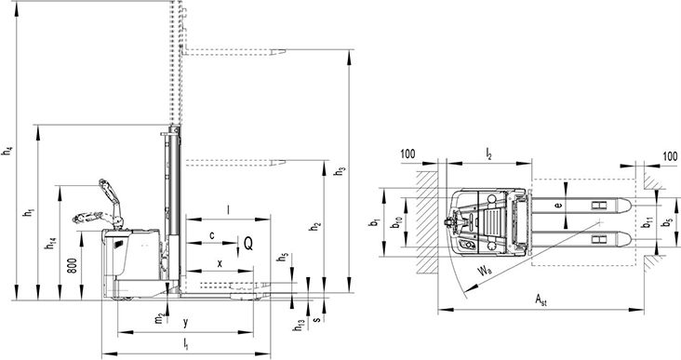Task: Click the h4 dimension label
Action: click(7, 152)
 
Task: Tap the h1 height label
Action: click(29, 213)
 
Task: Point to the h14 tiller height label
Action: click(51, 244)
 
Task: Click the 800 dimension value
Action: click(72, 265)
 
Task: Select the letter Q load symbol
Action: click(248, 244)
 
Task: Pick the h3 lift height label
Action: click(340, 171)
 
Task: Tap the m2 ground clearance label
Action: click(160, 318)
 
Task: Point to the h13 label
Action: click(299, 326)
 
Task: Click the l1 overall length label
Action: click(186, 343)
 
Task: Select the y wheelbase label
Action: click(185, 323)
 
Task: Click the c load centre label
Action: click(211, 235)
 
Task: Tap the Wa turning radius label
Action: click(485, 272)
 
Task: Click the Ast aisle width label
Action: click(541, 300)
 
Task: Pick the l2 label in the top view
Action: click(488, 153)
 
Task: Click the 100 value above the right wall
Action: click(670, 156)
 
